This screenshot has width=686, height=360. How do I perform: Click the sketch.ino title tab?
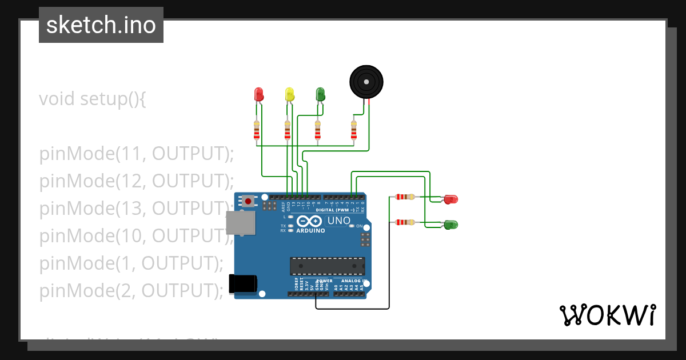point(101,25)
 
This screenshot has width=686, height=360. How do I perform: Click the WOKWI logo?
point(607,315)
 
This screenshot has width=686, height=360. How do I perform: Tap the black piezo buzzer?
point(366,82)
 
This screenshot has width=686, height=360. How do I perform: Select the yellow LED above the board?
point(289,94)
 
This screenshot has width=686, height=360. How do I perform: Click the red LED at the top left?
point(258,94)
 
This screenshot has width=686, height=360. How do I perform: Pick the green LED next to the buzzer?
point(320,94)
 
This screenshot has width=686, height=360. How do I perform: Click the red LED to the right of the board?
point(451,199)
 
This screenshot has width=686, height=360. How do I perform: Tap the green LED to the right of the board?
point(451,225)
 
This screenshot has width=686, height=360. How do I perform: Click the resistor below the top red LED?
point(256,131)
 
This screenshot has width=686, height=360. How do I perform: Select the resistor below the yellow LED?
point(287,131)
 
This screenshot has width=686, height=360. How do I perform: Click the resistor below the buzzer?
point(354,131)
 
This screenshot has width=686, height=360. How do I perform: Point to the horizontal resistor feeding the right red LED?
point(405,197)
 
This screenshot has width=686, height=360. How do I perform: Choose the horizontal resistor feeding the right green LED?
point(405,222)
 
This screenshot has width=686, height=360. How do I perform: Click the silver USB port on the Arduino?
point(241,223)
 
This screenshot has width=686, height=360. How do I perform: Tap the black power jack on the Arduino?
point(243,284)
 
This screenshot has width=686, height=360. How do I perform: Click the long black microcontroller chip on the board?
point(327,266)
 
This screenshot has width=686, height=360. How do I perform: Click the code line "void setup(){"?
point(93,99)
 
